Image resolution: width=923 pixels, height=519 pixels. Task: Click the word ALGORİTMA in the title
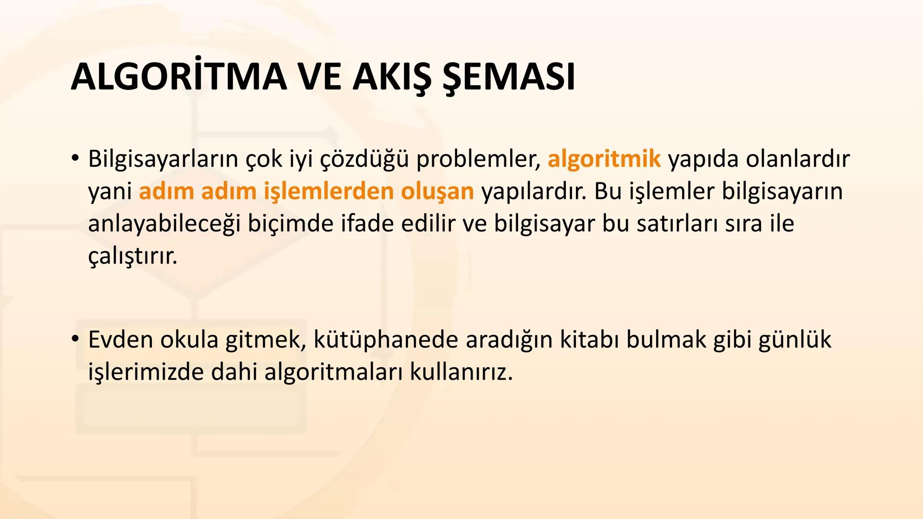179,77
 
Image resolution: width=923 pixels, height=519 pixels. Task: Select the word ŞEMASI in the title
508,77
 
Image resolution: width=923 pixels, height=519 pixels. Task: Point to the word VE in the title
320,77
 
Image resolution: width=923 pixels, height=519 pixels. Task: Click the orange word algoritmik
604,159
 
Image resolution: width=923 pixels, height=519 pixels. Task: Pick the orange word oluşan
437,191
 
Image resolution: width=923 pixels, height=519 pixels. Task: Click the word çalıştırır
133,256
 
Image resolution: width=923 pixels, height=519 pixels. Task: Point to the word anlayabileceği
164,223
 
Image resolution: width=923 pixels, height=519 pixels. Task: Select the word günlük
795,340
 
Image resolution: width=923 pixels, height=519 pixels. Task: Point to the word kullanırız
461,372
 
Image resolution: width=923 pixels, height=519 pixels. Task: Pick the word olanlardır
798,159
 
